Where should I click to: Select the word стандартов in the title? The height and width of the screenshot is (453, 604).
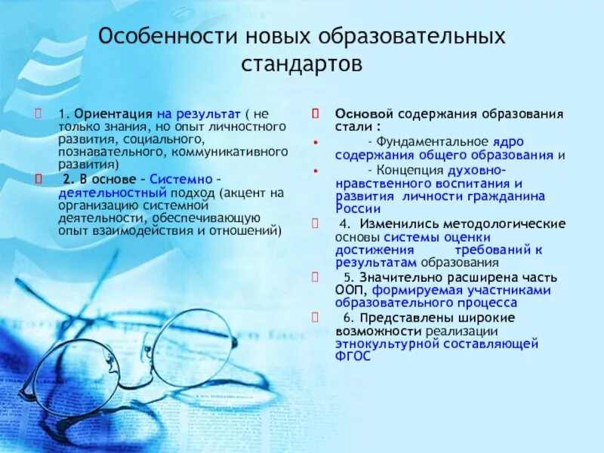[x=302, y=63]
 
